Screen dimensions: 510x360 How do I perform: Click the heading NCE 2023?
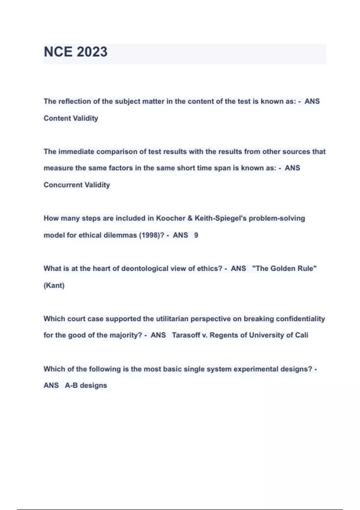[76, 52]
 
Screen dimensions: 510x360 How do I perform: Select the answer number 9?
[196, 235]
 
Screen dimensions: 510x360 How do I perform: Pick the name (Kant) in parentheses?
[54, 285]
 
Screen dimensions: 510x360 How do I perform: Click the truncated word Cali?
[301, 335]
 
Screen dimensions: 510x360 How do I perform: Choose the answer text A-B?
[71, 385]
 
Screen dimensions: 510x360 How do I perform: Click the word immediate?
[76, 151]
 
